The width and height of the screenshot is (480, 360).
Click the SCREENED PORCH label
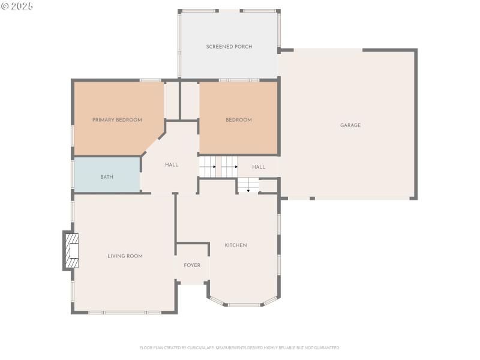229,47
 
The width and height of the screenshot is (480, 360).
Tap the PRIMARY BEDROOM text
117,120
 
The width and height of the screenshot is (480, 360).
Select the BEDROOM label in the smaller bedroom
238,120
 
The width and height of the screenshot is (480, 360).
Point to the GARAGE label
350,125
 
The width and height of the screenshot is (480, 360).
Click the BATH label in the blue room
107,177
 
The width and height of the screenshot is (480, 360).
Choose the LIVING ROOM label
125,256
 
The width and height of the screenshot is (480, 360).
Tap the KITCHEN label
236,245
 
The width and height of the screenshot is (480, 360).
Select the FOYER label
192,265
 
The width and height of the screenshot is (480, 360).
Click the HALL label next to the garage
259,167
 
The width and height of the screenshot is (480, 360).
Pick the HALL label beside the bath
172,165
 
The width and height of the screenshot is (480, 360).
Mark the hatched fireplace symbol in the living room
72,251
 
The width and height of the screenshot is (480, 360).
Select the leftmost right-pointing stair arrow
208,167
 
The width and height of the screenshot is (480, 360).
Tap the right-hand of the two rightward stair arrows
229,167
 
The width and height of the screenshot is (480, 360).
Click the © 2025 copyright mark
17,6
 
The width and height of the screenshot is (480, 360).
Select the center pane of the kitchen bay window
244,305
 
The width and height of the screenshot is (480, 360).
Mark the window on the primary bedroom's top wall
150,80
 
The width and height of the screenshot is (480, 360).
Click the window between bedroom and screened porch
239,80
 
